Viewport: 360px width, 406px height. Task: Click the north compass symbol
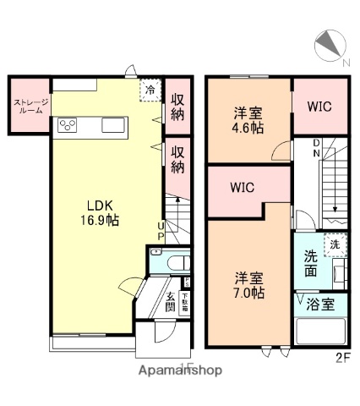coord(330,47)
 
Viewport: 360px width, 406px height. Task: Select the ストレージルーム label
coord(28,106)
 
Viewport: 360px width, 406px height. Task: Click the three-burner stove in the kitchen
coord(68,127)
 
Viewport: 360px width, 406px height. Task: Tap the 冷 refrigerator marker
coord(150,89)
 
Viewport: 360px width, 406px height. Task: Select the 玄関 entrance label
coord(170,301)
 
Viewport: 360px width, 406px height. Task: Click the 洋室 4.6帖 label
coord(248,120)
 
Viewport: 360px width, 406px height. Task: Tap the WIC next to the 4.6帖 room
coord(319,107)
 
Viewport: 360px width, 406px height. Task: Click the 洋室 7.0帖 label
coord(248,285)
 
